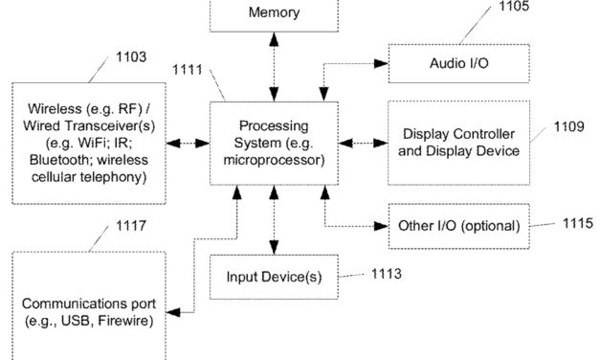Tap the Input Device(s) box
(274, 277)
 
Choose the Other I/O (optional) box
(459, 226)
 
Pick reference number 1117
(127, 227)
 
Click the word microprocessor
(274, 159)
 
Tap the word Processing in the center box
(274, 126)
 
